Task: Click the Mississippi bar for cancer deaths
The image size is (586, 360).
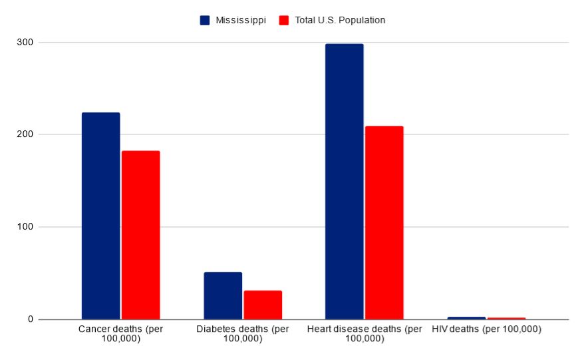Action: [100, 216]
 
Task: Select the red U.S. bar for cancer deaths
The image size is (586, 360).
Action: [140, 235]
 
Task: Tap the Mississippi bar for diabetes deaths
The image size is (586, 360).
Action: [223, 295]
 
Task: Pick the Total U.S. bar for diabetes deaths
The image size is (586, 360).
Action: [263, 305]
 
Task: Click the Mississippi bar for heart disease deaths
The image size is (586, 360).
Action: [344, 181]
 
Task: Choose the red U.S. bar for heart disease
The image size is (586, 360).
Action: [384, 222]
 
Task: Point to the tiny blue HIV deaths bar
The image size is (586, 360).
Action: [466, 318]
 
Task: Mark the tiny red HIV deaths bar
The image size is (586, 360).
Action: [506, 319]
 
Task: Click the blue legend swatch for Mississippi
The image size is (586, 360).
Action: [205, 21]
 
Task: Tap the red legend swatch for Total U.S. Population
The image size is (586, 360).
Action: [284, 21]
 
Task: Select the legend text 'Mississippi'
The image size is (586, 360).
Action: [240, 21]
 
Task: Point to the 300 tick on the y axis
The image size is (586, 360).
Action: [26, 43]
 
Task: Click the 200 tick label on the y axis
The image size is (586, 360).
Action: [26, 134]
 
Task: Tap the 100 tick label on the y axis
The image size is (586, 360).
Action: [26, 227]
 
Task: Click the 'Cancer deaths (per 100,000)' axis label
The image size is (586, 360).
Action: [120, 334]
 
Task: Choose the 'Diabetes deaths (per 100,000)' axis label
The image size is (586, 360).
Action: [243, 334]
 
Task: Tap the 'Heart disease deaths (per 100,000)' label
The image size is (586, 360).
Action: [365, 334]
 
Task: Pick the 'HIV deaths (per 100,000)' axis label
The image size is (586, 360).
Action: [486, 329]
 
